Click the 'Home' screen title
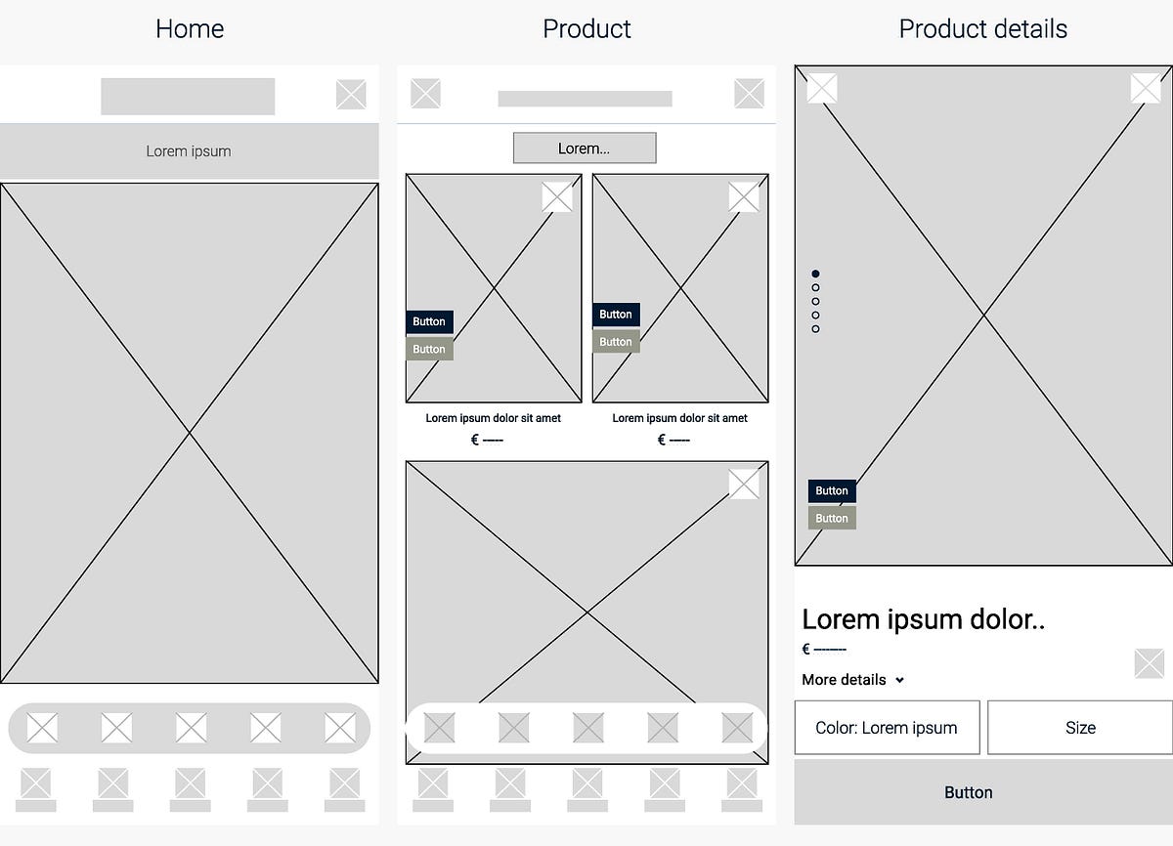pos(190,29)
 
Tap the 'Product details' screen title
pos(982,29)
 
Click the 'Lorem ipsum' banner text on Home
pos(189,151)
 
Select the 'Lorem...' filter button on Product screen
pos(585,148)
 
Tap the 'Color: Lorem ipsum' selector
pos(887,728)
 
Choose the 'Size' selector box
pos(1080,728)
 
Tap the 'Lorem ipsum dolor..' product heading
pos(923,619)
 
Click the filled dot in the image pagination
pos(816,275)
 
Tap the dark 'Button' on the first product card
pos(429,321)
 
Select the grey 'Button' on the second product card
pos(616,342)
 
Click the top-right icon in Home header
pos(351,95)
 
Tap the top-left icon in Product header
pos(425,94)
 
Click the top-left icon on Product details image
pos(822,88)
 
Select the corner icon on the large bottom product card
pos(744,484)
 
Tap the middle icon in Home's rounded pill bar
pos(191,728)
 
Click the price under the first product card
pos(487,441)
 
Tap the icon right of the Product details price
pos(1149,663)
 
